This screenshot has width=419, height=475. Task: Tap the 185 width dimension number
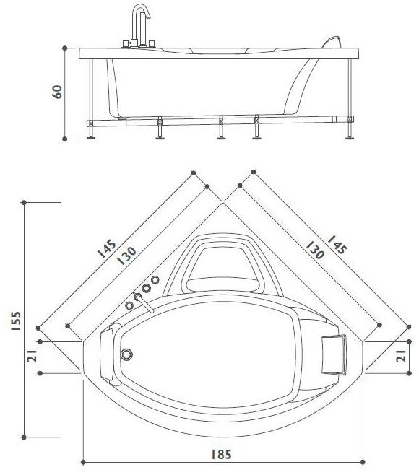click(x=221, y=455)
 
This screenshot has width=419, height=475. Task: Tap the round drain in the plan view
click(x=128, y=354)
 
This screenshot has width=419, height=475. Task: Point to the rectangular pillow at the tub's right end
click(x=334, y=354)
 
